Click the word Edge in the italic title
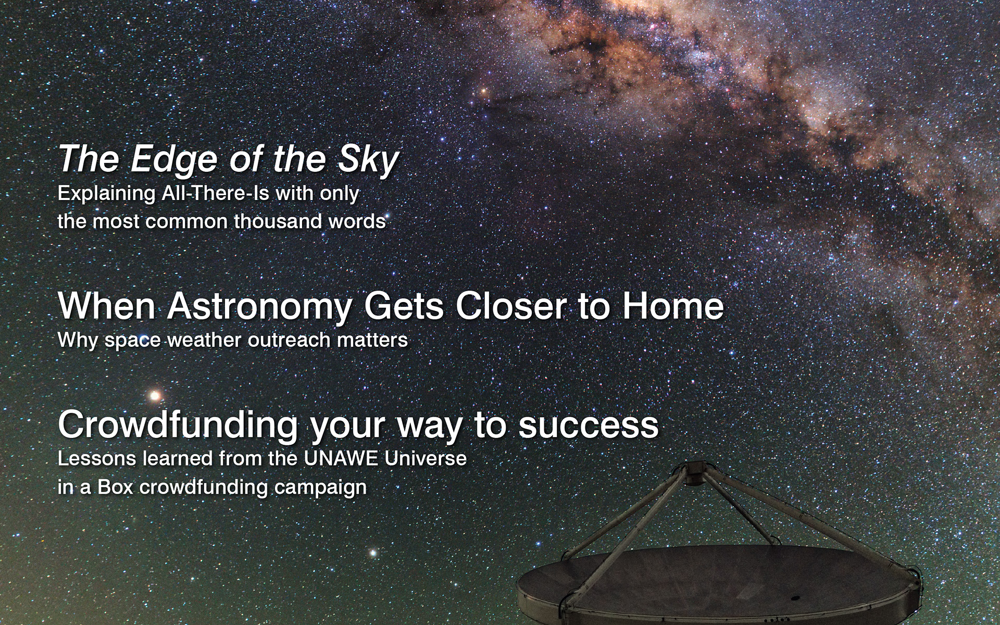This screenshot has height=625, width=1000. coord(172,160)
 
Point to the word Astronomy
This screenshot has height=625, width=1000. coord(259,307)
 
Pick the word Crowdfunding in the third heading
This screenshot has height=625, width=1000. coord(178,426)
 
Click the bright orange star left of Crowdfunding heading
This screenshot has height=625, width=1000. coord(155,396)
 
